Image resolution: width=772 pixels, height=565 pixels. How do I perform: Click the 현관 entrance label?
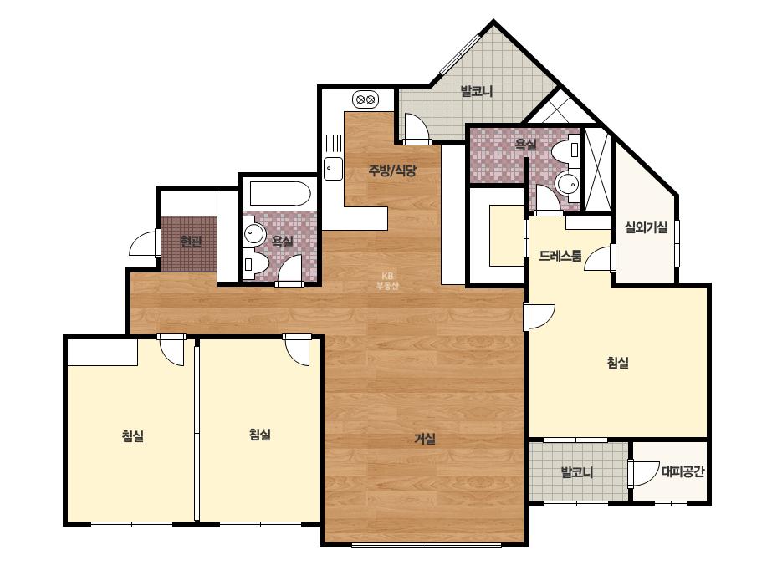click(x=191, y=242)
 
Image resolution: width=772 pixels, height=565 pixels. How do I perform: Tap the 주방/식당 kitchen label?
click(x=392, y=171)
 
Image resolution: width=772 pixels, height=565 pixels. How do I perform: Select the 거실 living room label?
click(x=425, y=439)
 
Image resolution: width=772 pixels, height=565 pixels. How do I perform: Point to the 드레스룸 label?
click(x=560, y=256)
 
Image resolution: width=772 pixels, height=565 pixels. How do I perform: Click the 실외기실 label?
click(x=646, y=227)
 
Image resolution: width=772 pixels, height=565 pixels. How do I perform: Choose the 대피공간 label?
click(x=683, y=471)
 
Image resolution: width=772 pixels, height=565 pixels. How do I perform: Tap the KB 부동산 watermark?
click(x=387, y=281)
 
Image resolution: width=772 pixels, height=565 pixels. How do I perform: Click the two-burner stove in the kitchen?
click(x=365, y=99)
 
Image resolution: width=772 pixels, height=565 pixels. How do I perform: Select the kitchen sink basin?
click(x=333, y=169)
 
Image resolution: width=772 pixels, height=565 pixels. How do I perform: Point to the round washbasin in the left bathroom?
click(x=254, y=233)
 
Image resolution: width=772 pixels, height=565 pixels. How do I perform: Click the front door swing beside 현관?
click(x=144, y=243)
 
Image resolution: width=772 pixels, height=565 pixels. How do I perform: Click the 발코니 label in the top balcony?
click(x=476, y=91)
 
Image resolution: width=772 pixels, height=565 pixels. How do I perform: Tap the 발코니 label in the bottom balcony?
click(x=577, y=472)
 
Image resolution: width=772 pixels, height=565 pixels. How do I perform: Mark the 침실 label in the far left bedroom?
click(x=132, y=435)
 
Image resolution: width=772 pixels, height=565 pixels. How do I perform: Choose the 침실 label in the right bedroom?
click(x=618, y=363)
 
